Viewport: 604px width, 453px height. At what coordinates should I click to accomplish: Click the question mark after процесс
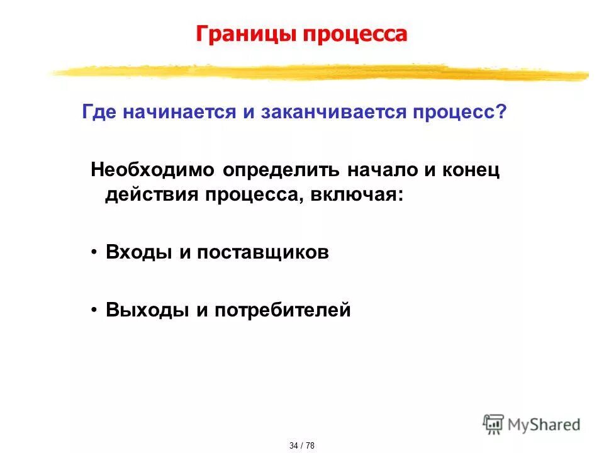coord(501,113)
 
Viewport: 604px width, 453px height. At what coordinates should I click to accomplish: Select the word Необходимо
coord(154,170)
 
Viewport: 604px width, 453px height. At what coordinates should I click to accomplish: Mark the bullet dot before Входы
coord(94,252)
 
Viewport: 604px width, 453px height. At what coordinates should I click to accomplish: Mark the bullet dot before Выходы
coord(94,310)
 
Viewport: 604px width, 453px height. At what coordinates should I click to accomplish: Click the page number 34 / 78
coord(301,445)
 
